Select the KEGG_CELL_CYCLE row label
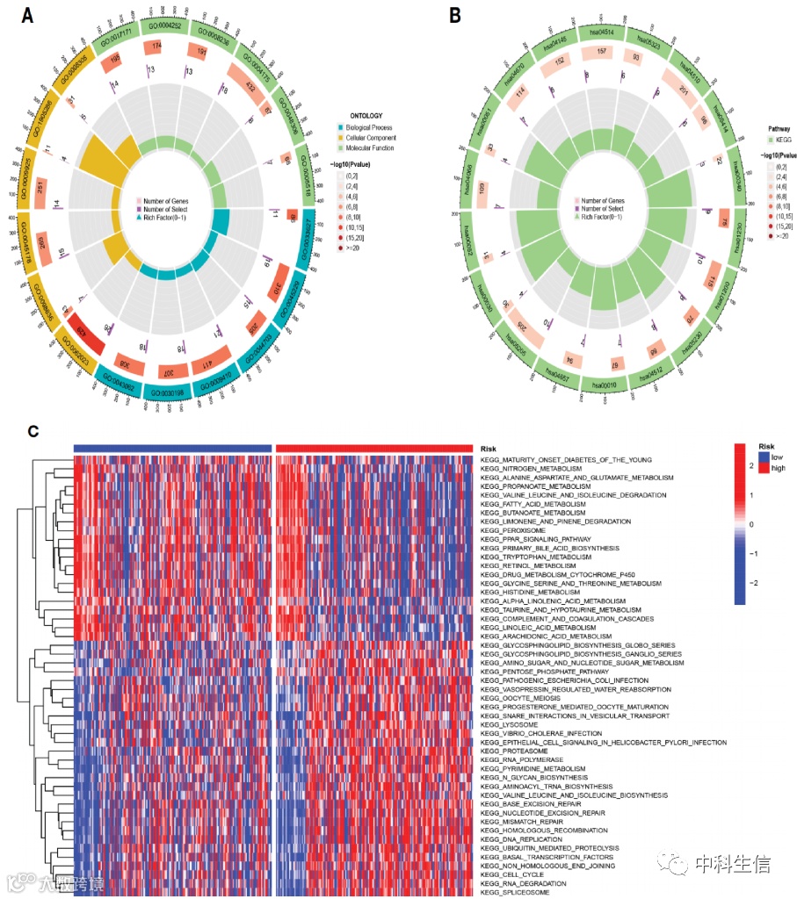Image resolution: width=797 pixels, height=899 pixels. [x=513, y=874]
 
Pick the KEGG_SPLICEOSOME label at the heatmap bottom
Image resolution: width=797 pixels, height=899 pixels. [x=514, y=891]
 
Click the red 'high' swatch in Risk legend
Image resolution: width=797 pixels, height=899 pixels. [x=764, y=469]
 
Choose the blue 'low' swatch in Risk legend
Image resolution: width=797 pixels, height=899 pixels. [x=764, y=458]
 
